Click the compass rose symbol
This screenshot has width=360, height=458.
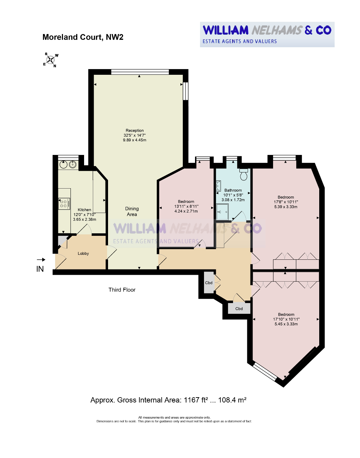(x=50, y=60)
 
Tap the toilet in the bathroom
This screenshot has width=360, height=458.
(x=244, y=174)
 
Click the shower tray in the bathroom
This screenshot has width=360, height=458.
(x=222, y=211)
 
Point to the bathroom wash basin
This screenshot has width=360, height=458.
(x=218, y=186)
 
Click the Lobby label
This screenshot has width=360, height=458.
(x=83, y=253)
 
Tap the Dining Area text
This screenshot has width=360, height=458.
(x=132, y=211)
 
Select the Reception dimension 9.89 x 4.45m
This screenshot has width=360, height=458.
(x=135, y=140)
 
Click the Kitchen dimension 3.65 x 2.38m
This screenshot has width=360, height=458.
(x=84, y=219)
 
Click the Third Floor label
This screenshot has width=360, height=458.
(x=122, y=290)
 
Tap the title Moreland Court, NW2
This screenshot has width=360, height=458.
(x=83, y=37)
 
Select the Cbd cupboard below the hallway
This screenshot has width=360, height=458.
(x=239, y=308)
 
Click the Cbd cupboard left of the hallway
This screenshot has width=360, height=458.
(x=209, y=283)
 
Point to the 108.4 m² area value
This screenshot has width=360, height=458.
(x=232, y=400)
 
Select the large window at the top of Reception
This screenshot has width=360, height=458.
(x=140, y=72)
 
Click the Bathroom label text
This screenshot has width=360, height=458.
(x=233, y=190)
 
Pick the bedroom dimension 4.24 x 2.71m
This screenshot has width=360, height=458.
(x=186, y=211)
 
